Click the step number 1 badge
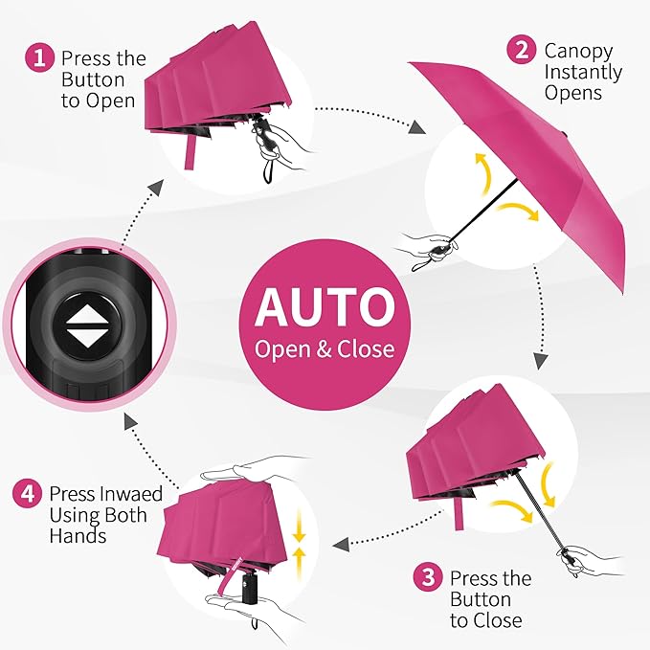point(38,58)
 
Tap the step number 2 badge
point(522,50)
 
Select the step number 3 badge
point(428,579)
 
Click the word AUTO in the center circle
point(325,306)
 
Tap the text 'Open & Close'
point(325,348)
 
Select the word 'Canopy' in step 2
point(578,51)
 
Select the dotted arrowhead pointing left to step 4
point(339,545)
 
